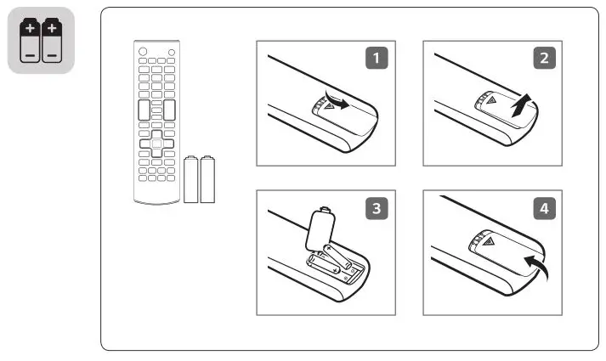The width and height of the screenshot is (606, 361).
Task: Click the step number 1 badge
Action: [375, 59]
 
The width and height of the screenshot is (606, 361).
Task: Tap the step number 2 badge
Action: [541, 59]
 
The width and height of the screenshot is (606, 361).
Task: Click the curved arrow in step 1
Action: [337, 103]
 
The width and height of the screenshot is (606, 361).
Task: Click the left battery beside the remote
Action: [191, 179]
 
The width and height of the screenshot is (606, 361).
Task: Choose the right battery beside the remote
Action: [207, 179]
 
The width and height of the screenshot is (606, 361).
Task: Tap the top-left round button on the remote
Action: [141, 52]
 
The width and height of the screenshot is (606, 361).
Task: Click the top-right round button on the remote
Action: [173, 52]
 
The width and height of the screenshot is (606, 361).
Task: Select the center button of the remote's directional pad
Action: [157, 144]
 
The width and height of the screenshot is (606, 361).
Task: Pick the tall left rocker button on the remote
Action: [143, 110]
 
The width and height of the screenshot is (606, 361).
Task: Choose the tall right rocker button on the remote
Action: [170, 110]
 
